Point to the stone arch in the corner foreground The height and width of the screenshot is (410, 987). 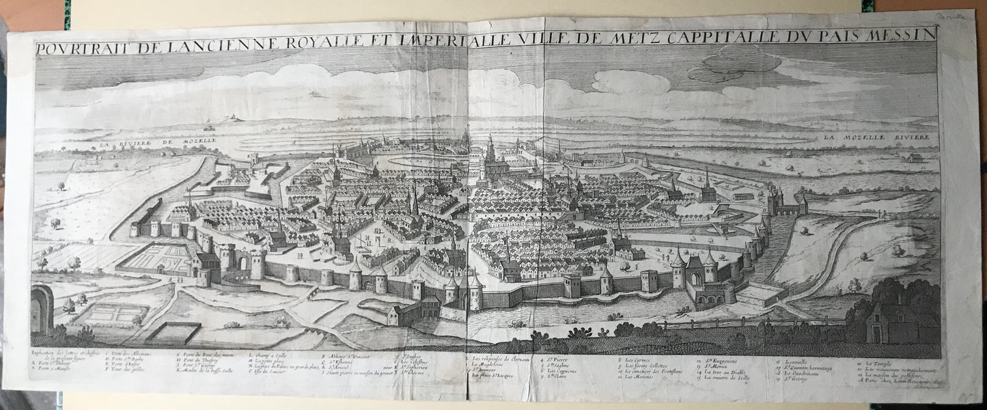point(42,309)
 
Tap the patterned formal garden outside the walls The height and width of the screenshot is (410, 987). point(154,258)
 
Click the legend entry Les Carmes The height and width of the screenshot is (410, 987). point(632,359)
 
